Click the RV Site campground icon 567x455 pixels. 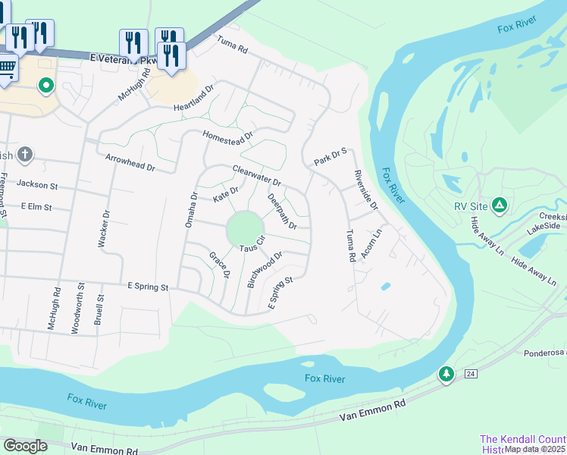[x=499, y=206]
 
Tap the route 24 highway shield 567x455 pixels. [x=470, y=375]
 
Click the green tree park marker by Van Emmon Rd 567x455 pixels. [x=446, y=375]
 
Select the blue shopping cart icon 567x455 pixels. [x=6, y=68]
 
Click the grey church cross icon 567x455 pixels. [x=25, y=155]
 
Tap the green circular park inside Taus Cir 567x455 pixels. [x=245, y=227]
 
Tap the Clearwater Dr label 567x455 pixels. [x=257, y=177]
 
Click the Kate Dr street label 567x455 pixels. [x=226, y=194]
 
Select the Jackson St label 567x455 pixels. [x=37, y=184]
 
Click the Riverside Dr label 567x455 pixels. [x=366, y=190]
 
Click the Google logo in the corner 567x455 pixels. [x=25, y=446]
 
